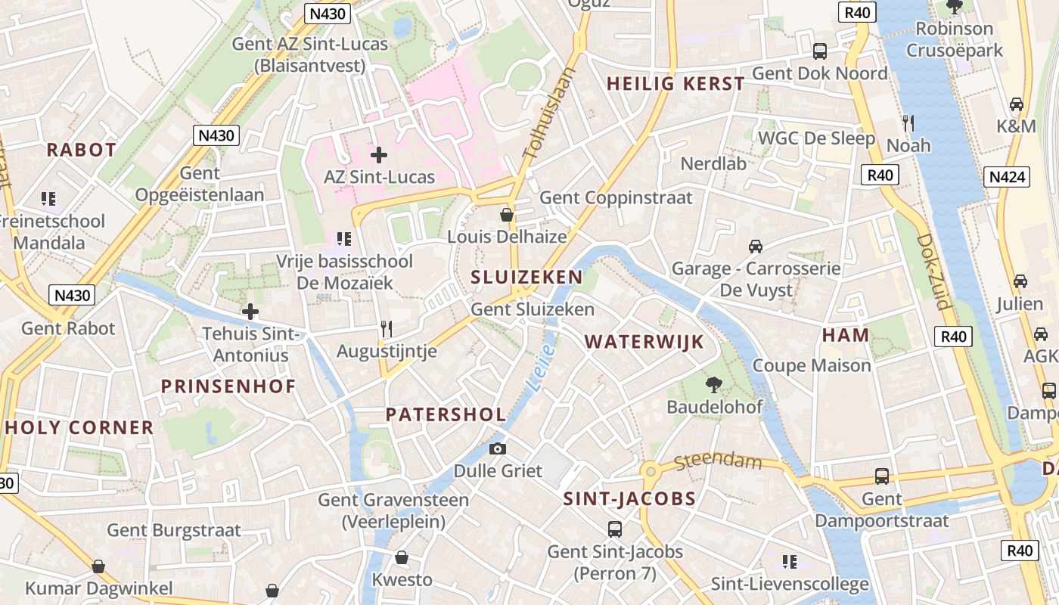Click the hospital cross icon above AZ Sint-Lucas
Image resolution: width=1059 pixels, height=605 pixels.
[x=379, y=155]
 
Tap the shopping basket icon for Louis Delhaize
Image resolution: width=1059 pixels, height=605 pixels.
[x=507, y=215]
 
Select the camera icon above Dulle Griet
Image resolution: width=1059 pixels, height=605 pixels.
[x=497, y=448]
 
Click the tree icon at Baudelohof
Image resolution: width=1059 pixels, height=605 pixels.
[x=713, y=385]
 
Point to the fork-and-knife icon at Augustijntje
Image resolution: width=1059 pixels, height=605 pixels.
[x=387, y=329]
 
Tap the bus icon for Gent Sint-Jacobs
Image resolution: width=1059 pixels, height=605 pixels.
[x=615, y=529]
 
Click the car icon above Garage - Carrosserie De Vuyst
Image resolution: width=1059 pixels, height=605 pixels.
[x=755, y=247]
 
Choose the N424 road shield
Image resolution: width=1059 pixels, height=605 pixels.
[x=1008, y=177]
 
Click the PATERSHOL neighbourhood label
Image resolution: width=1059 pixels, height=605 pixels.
[x=446, y=414]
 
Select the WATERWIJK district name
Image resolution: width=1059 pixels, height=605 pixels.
[x=644, y=342]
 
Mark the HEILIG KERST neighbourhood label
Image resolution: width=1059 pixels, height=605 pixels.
[x=676, y=84]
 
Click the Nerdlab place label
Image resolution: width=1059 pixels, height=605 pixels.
[x=713, y=163]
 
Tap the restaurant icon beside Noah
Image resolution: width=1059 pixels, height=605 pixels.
[x=908, y=123]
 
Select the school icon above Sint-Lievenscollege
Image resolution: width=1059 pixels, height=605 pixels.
[x=790, y=562]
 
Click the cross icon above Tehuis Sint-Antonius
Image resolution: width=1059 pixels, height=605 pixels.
[x=250, y=312]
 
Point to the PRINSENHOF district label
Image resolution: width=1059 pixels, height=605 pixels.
[x=228, y=386]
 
